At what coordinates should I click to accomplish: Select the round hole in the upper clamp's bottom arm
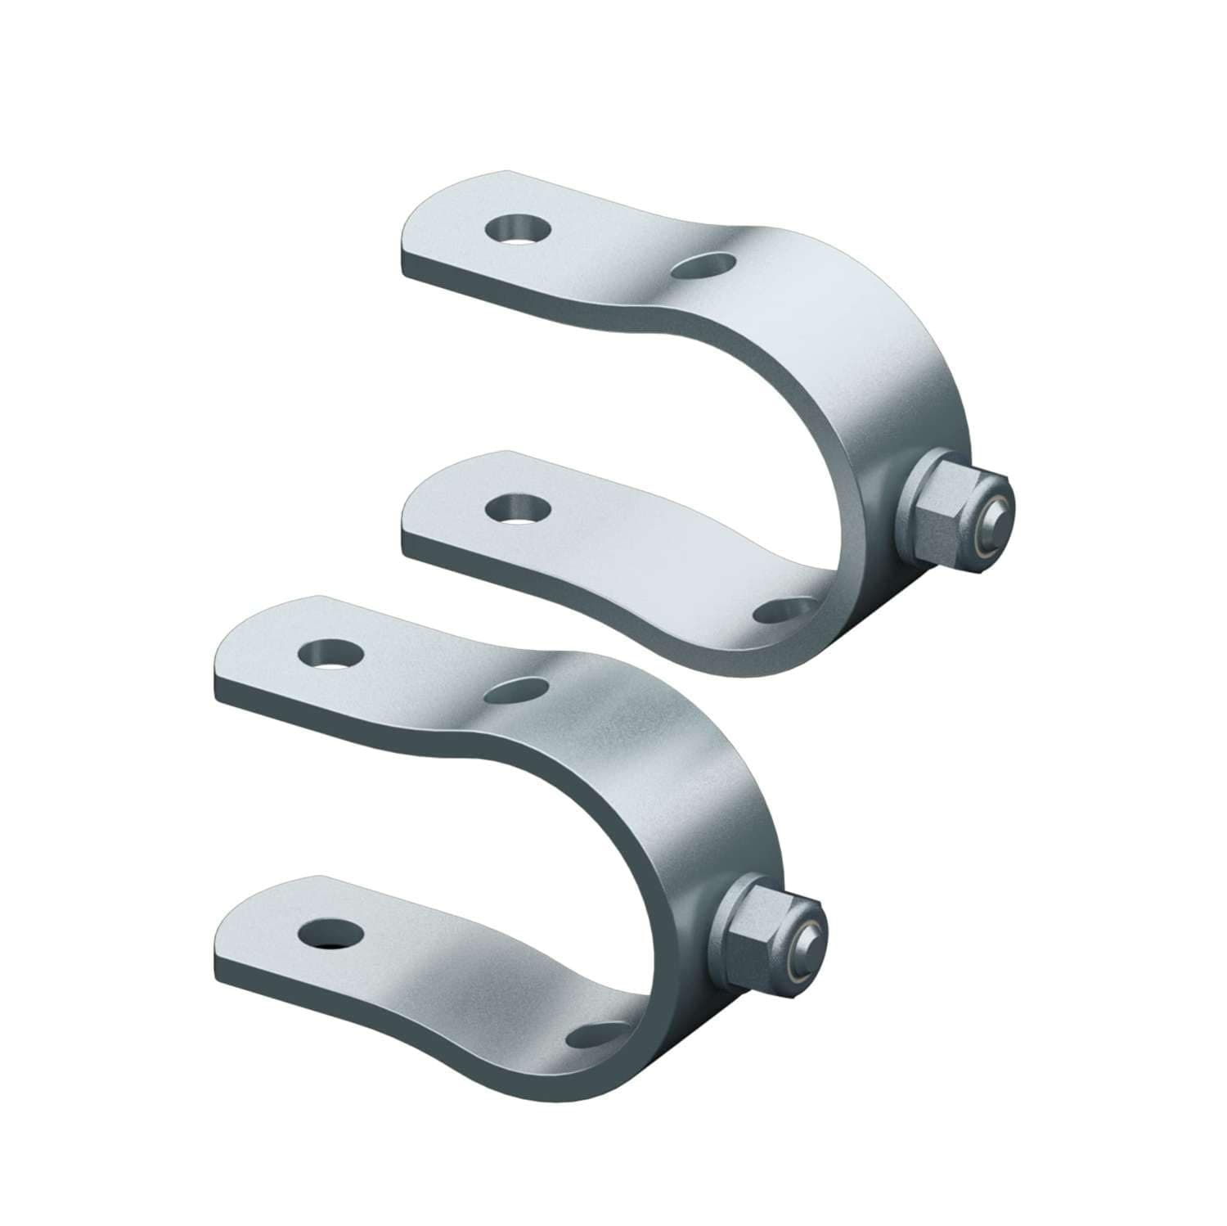(516, 508)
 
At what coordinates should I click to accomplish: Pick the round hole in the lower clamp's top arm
(330, 654)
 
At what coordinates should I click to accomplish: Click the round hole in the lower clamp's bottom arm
(330, 931)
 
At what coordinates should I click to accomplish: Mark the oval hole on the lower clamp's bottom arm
(593, 1032)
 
